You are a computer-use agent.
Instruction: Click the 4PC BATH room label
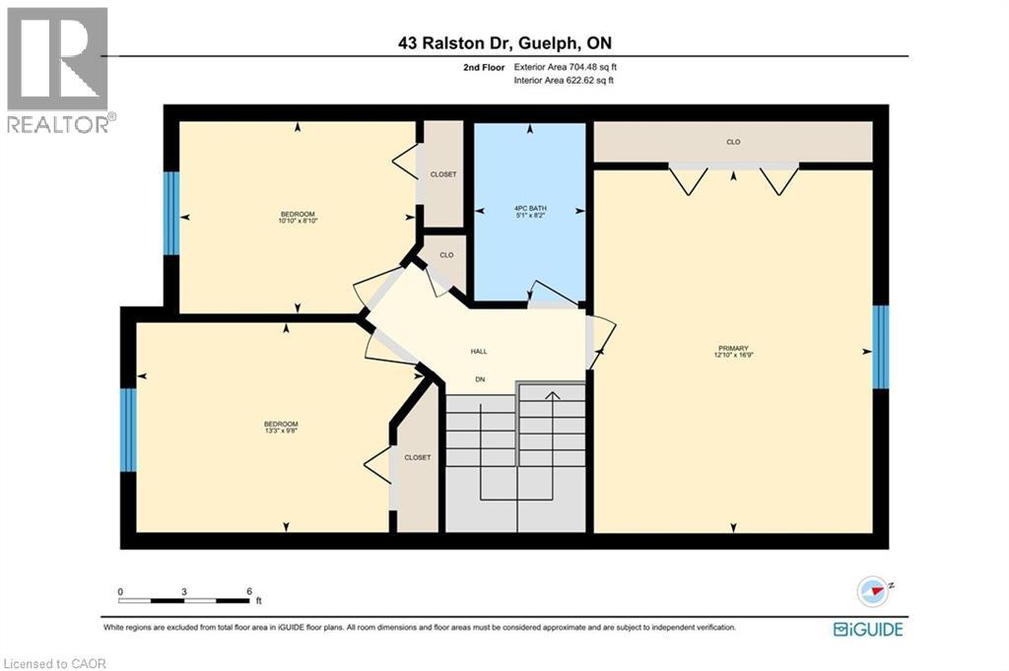(x=530, y=208)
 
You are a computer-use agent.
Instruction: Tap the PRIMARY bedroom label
(x=733, y=348)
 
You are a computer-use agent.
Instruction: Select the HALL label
(x=479, y=352)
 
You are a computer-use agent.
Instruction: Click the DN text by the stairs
(x=480, y=379)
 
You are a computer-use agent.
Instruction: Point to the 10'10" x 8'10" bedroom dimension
(x=298, y=222)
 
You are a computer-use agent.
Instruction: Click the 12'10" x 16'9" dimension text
(x=733, y=356)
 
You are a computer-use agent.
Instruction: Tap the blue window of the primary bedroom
(x=880, y=347)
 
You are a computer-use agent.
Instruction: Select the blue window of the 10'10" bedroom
(x=171, y=200)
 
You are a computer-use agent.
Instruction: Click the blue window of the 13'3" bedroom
(x=128, y=430)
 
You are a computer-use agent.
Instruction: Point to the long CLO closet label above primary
(x=733, y=142)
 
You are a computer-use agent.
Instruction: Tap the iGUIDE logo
(x=868, y=629)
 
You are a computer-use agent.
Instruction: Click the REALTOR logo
(x=58, y=69)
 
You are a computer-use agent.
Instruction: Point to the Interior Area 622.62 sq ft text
(x=564, y=81)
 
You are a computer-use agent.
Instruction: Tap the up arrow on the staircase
(x=552, y=397)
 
